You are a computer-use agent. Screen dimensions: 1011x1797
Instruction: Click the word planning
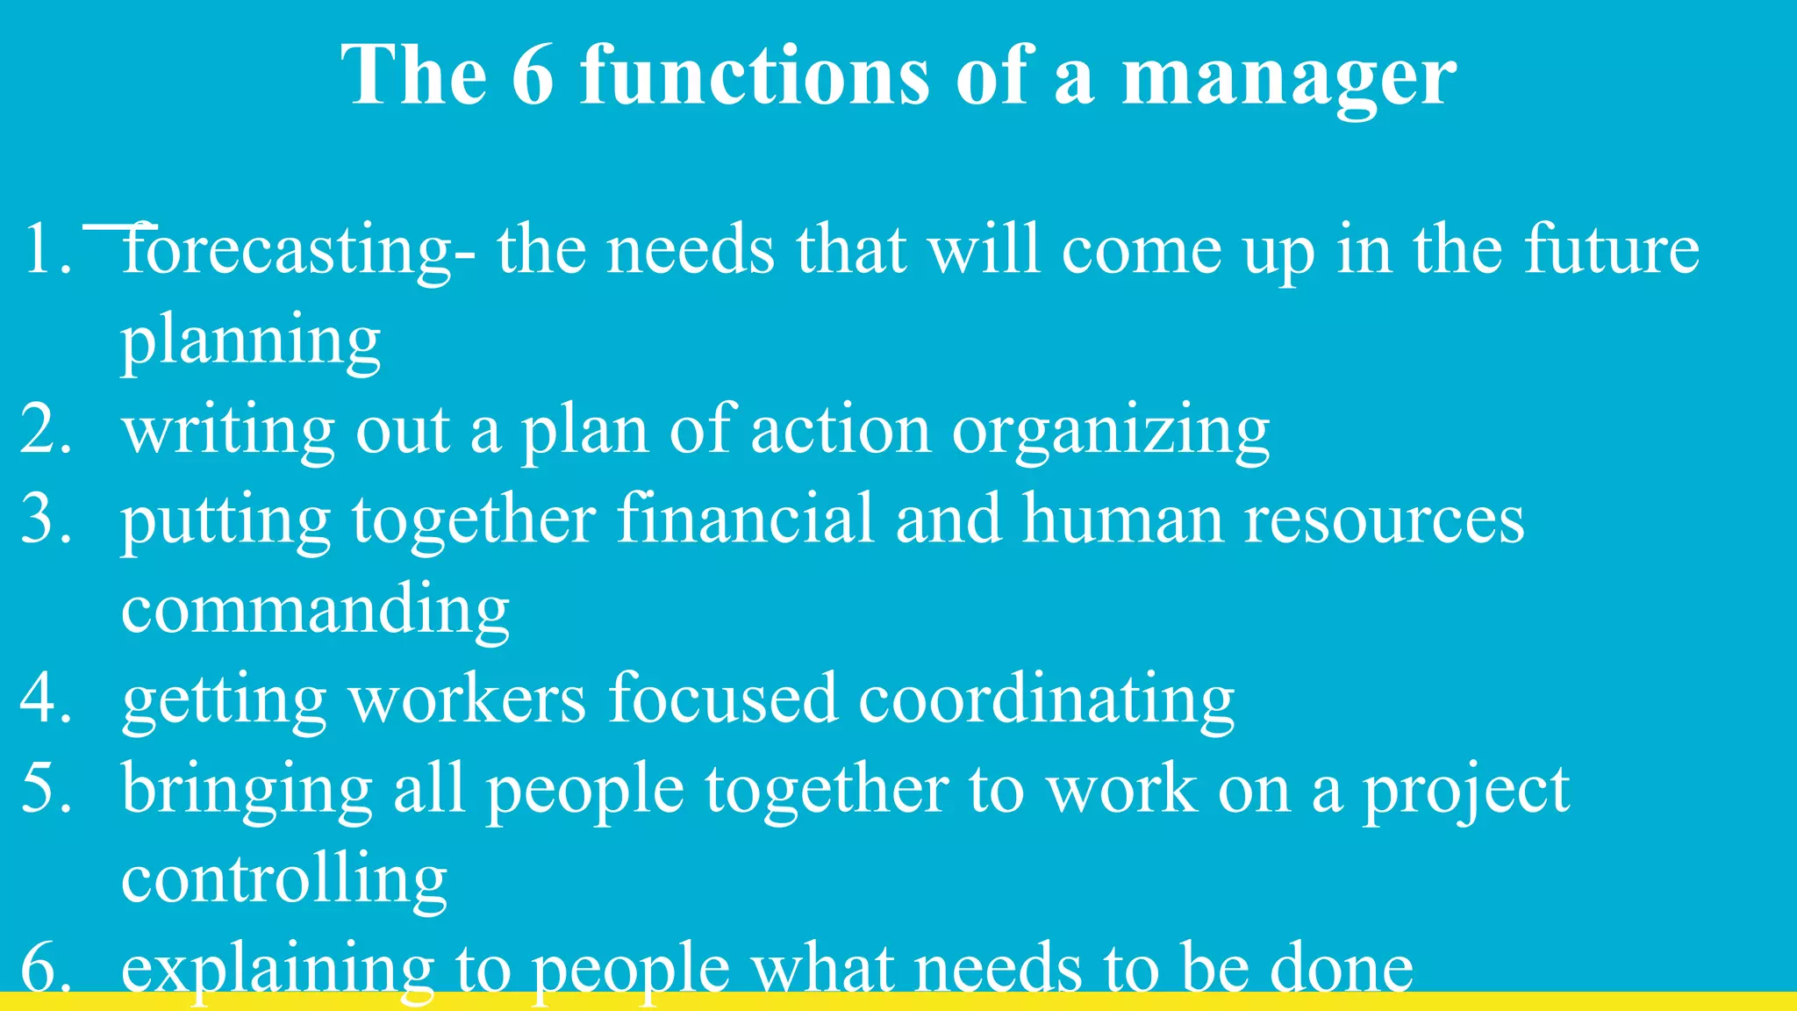point(251,341)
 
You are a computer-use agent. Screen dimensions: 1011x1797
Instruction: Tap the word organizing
point(1111,433)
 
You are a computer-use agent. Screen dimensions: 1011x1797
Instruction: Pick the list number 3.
point(46,520)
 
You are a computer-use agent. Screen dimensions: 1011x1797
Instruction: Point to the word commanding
point(315,610)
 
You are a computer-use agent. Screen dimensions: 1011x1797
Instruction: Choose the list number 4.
point(46,699)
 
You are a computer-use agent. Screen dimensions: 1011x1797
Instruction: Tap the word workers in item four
point(468,699)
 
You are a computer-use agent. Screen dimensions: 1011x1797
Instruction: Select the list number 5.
point(46,788)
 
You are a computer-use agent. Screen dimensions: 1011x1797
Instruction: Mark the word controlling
point(284,879)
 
